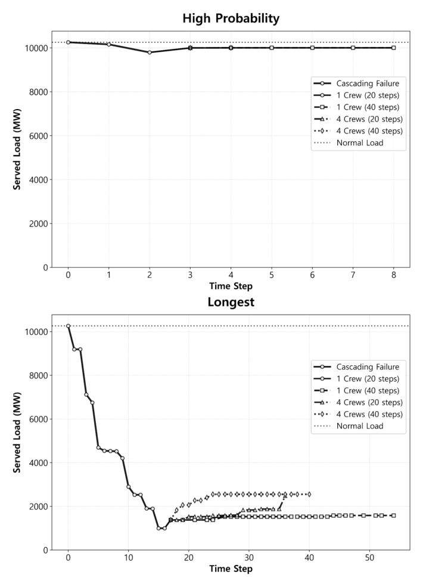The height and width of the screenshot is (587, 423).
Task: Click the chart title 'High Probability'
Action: click(x=231, y=18)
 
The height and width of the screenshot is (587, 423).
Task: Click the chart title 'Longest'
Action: click(x=231, y=302)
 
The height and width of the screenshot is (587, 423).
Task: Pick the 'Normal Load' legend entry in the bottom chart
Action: click(x=359, y=426)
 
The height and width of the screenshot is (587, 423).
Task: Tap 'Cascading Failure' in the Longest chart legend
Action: click(x=368, y=367)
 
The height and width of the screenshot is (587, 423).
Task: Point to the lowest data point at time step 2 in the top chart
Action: click(x=150, y=52)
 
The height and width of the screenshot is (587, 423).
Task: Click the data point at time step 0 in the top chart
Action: click(x=69, y=42)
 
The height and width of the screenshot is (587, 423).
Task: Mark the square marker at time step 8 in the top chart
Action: click(x=394, y=48)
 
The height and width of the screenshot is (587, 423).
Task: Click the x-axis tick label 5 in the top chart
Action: click(x=272, y=277)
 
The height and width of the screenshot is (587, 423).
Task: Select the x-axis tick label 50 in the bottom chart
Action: click(x=370, y=559)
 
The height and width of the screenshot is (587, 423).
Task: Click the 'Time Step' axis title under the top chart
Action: click(x=231, y=287)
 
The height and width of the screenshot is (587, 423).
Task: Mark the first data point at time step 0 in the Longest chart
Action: click(x=69, y=326)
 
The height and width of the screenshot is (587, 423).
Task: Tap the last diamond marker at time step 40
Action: click(x=309, y=494)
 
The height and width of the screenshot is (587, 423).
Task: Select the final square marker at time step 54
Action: click(x=394, y=515)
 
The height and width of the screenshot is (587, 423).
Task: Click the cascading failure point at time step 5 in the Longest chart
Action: click(x=98, y=448)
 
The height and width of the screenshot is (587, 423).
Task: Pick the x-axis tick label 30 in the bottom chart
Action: click(x=249, y=559)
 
